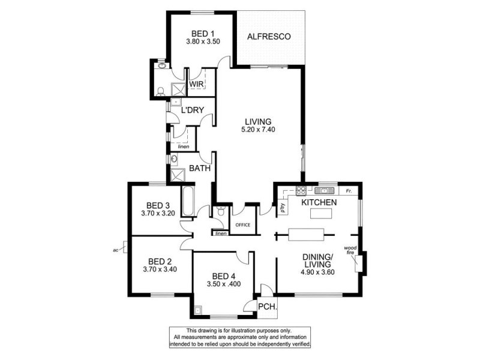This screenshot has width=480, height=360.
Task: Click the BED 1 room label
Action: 203,34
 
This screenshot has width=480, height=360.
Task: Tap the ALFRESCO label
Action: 269,37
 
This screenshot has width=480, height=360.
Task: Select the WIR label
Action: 196,84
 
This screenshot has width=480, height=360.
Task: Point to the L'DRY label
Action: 192,110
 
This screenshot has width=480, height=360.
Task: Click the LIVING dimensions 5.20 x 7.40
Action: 258,130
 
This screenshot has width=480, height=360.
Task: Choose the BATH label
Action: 200,168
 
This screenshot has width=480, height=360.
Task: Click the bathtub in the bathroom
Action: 187,201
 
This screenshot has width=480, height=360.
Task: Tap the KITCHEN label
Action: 319,202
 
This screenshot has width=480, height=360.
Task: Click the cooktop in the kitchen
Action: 301,191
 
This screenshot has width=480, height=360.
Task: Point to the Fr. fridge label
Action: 349,191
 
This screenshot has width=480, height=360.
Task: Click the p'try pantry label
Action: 282,208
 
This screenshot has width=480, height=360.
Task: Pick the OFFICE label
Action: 243,224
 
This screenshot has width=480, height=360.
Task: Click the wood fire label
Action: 350,250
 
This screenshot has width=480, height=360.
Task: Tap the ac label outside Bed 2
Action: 115,250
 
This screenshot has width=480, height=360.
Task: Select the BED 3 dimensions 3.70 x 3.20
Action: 158,213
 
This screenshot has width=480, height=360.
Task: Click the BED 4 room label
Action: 223,276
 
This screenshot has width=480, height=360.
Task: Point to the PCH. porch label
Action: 268,307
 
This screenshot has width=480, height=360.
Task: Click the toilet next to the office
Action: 220,211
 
